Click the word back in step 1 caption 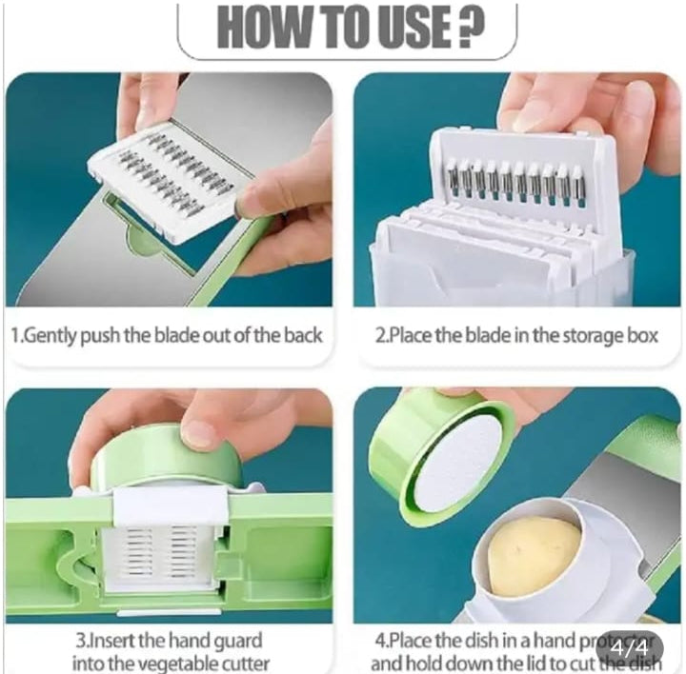[301, 335]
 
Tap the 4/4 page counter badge [629, 647]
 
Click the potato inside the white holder [534, 557]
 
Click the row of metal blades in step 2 [514, 181]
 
